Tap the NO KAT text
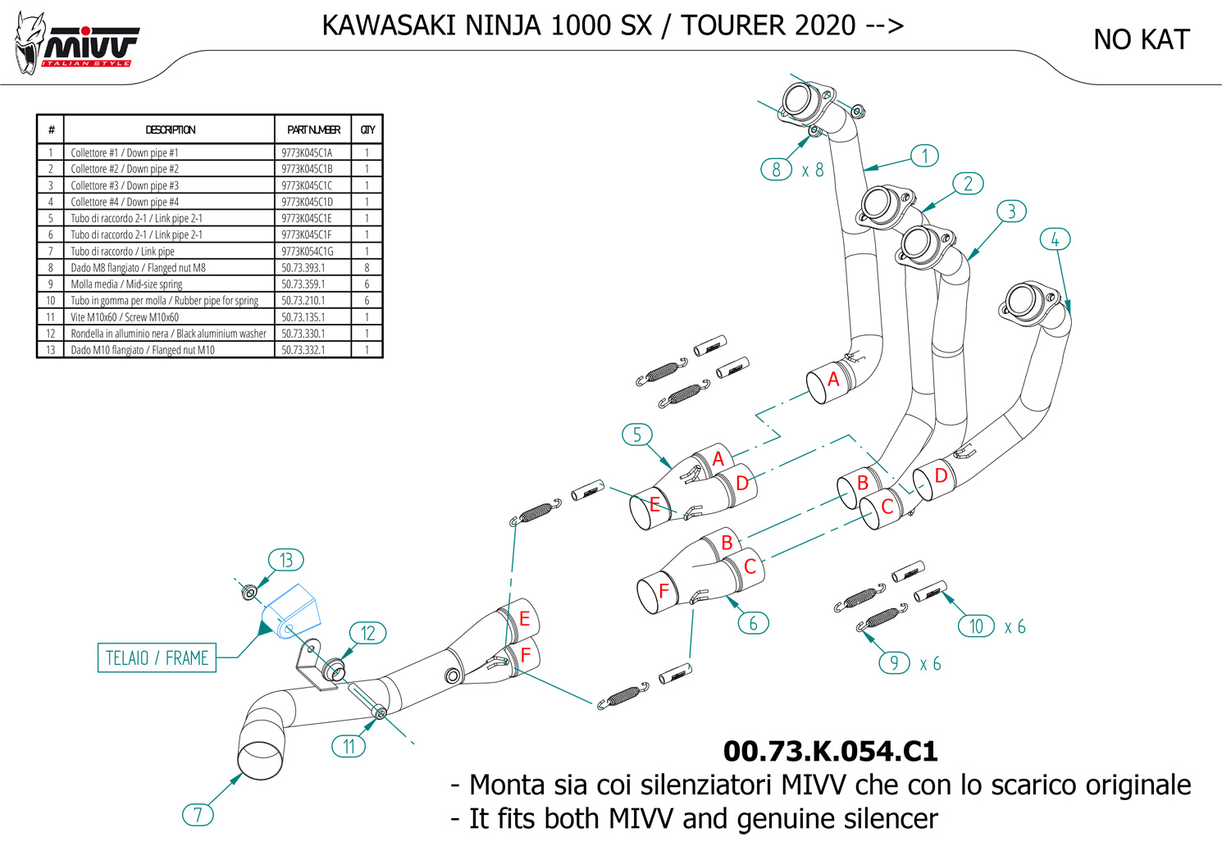pos(1141,39)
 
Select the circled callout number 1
pos(925,156)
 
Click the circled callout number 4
pos(1055,239)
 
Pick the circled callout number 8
pos(776,170)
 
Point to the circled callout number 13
pos(285,560)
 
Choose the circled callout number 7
pos(198,815)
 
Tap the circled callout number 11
pos(349,746)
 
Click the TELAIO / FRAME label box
pos(157,657)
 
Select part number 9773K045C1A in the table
pos(307,152)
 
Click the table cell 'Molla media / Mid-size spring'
pos(126,284)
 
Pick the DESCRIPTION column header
pos(170,130)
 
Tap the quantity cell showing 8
pos(367,267)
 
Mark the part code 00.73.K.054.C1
pos(830,751)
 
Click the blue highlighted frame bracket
pos(291,610)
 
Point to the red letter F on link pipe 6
pos(663,590)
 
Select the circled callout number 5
pos(636,434)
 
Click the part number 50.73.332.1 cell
pos(303,350)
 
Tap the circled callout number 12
pos(367,633)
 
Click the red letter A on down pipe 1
pos(833,379)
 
